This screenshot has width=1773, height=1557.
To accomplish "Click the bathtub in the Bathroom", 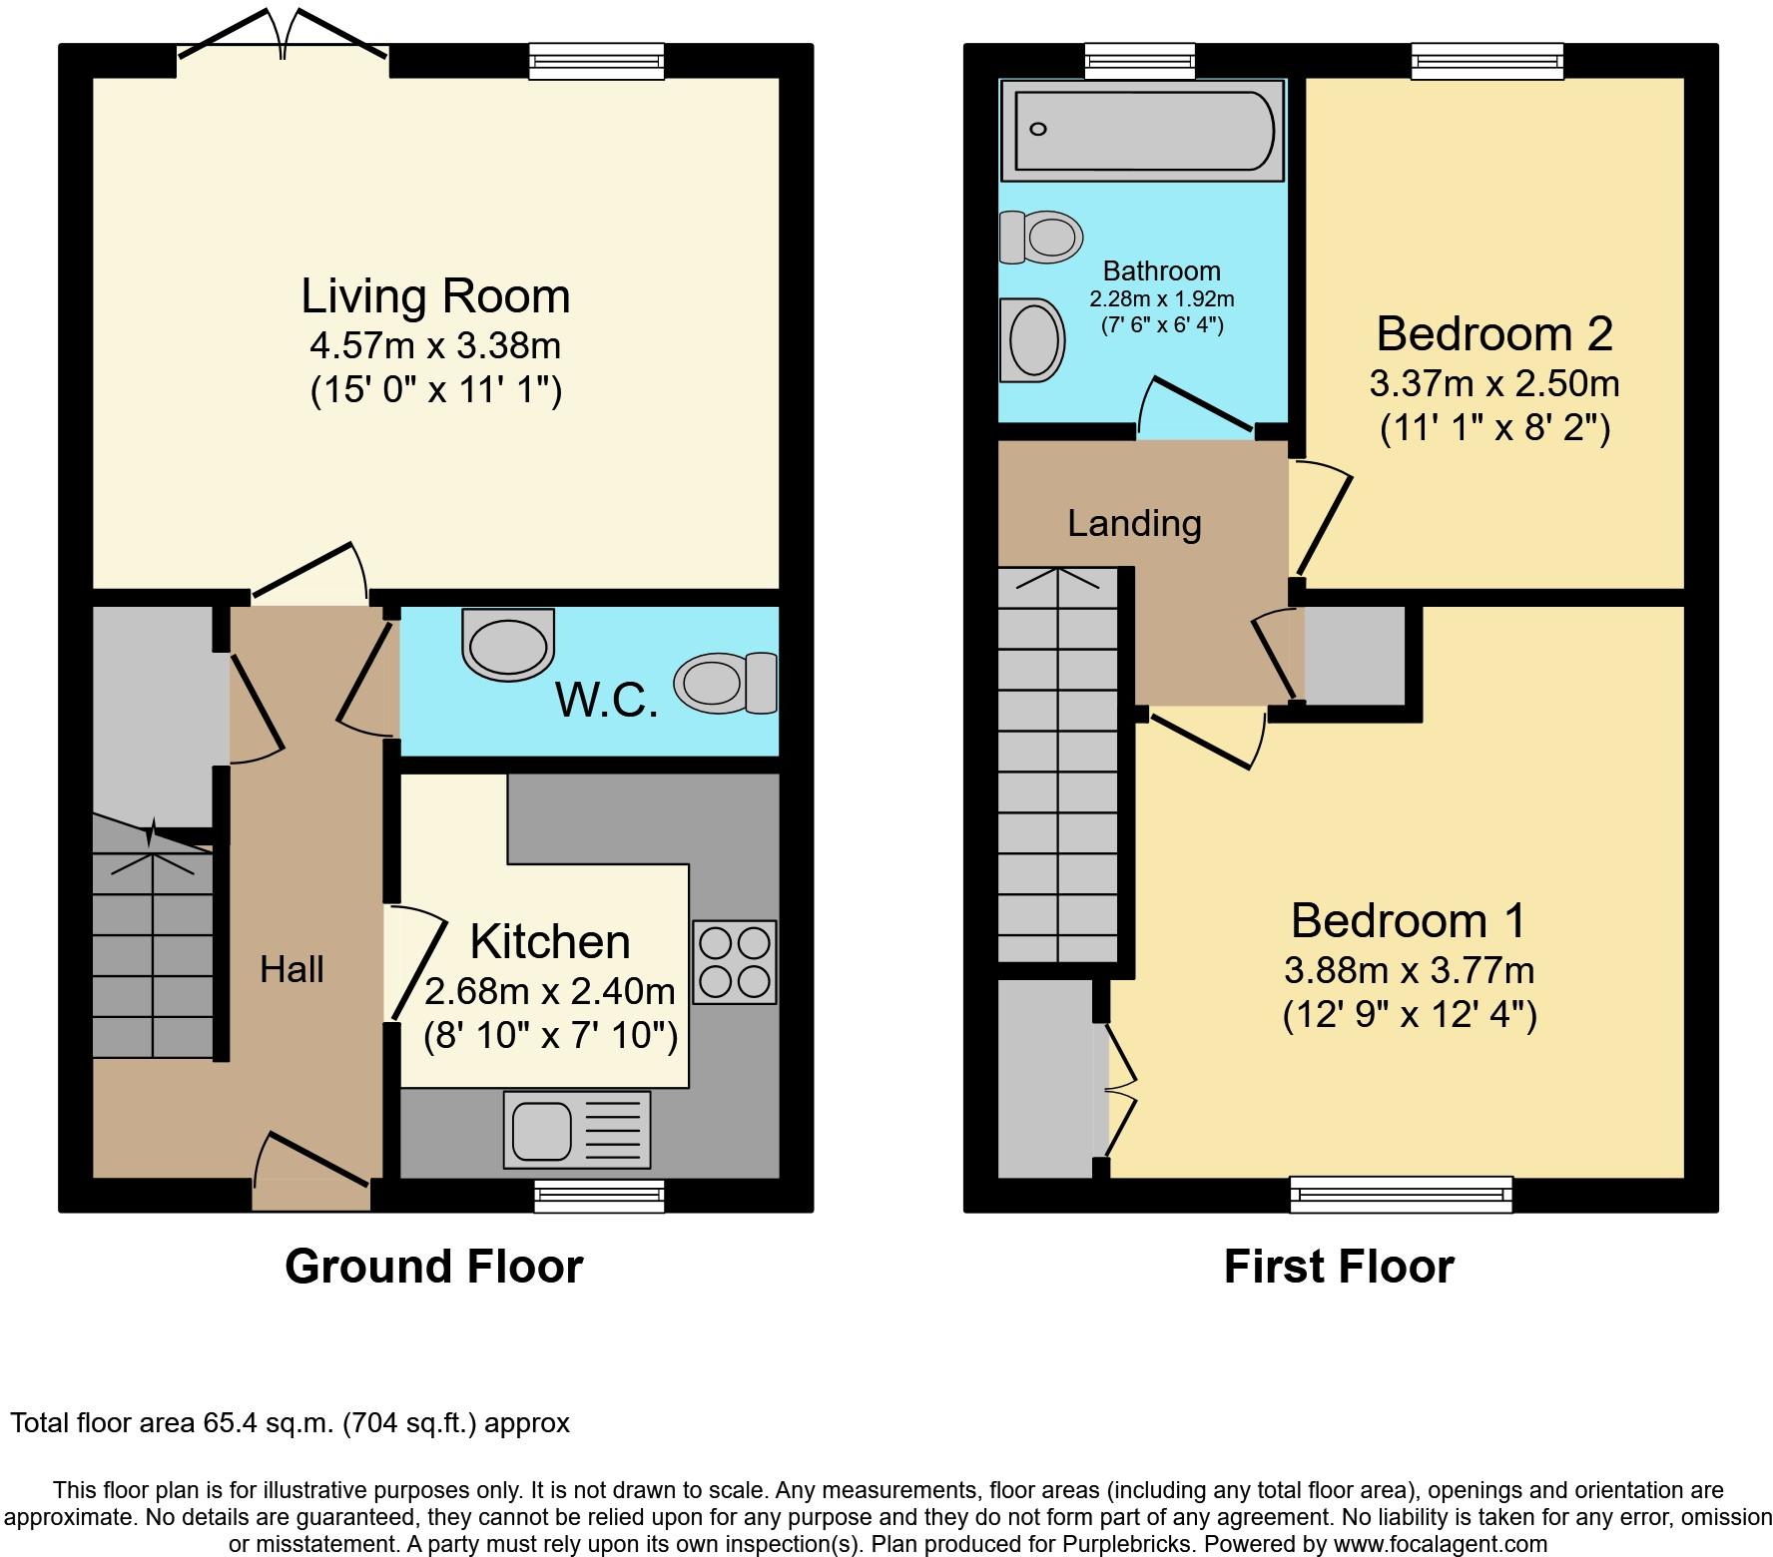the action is [x=1143, y=131].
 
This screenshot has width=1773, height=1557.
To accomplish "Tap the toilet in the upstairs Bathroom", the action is [x=1041, y=238].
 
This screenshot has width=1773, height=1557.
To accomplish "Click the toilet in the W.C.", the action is [x=726, y=683].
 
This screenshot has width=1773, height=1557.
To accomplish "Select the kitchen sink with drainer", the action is [x=577, y=1129].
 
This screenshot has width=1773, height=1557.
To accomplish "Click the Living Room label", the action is [x=436, y=296].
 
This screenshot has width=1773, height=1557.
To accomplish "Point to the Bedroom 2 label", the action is [x=1494, y=333].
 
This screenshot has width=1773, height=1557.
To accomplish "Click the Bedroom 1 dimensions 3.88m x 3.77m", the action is [x=1410, y=969].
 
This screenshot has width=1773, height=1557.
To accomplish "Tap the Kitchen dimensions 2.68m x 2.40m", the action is [x=550, y=991].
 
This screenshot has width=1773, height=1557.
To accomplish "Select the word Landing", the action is [x=1134, y=524].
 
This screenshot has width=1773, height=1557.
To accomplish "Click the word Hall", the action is [x=292, y=969].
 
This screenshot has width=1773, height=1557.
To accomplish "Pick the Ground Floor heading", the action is [x=434, y=1267].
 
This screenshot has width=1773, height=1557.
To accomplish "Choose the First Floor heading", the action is [x=1339, y=1267].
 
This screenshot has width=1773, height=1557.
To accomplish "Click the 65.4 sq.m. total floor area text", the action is [x=291, y=1423].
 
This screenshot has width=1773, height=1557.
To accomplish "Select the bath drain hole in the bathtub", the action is [x=1039, y=129].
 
